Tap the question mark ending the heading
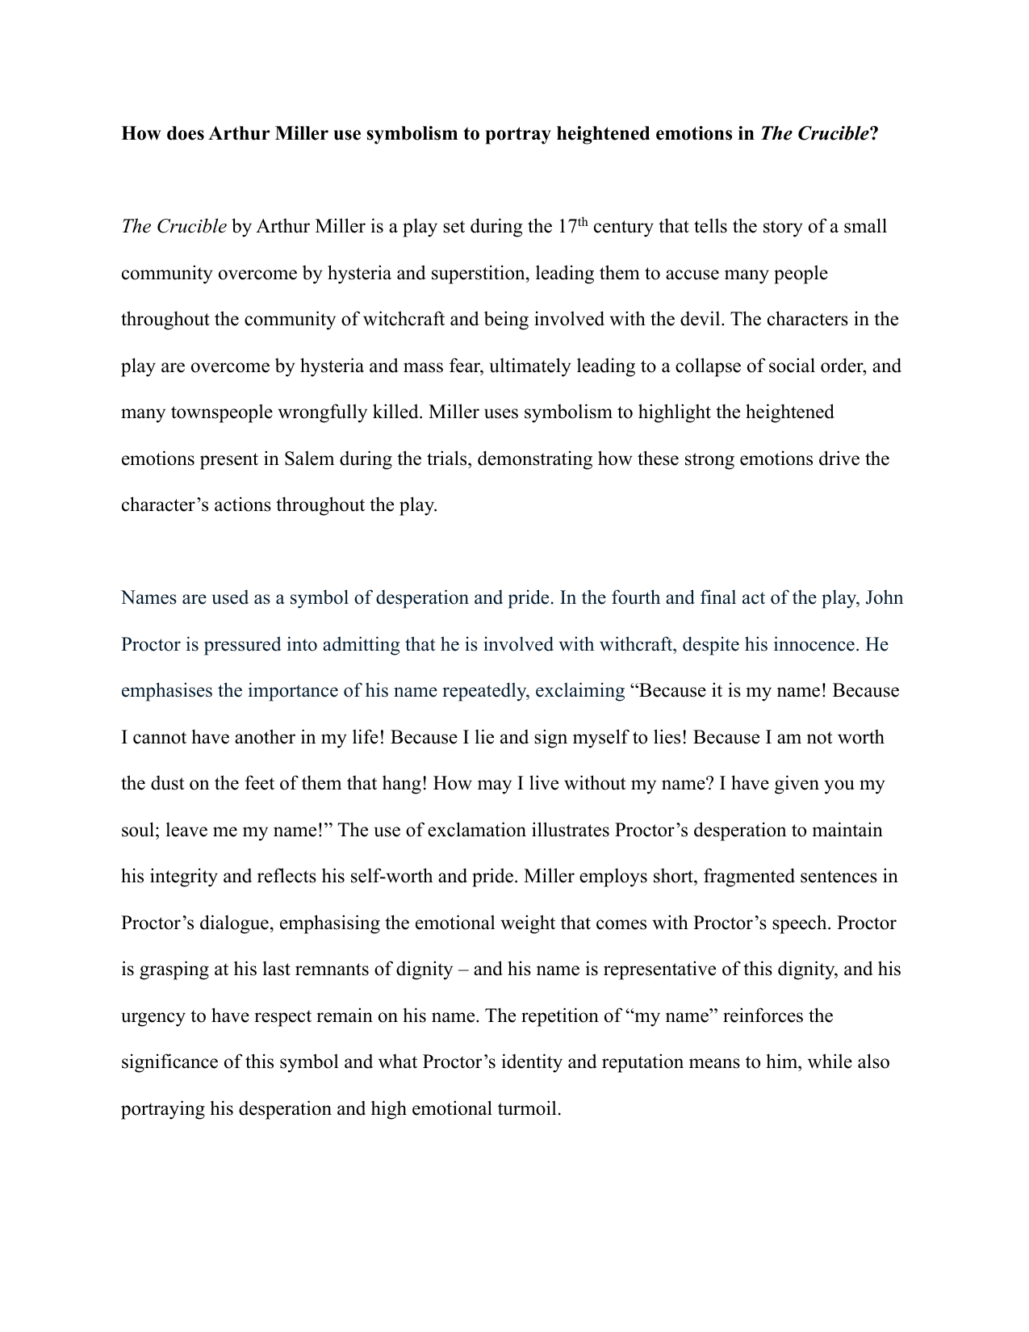pos(873,134)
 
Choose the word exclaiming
pos(580,691)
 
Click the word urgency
pos(153,1016)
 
